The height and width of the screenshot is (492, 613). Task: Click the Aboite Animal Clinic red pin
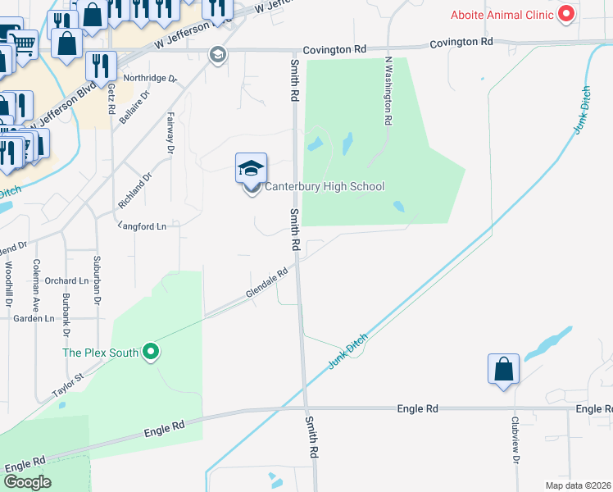coord(565,14)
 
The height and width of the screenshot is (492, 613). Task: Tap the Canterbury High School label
coord(324,186)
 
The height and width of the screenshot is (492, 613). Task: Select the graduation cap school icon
coord(252,169)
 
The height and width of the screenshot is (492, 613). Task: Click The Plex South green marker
coord(150,353)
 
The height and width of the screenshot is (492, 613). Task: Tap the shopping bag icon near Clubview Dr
coord(503,370)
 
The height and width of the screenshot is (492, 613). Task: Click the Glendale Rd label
coord(267,284)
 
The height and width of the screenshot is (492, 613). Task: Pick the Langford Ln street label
coord(143,225)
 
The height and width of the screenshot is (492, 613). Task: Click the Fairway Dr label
coord(170,133)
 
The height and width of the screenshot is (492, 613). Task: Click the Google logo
coord(27,481)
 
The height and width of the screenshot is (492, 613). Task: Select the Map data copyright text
coord(577,485)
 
